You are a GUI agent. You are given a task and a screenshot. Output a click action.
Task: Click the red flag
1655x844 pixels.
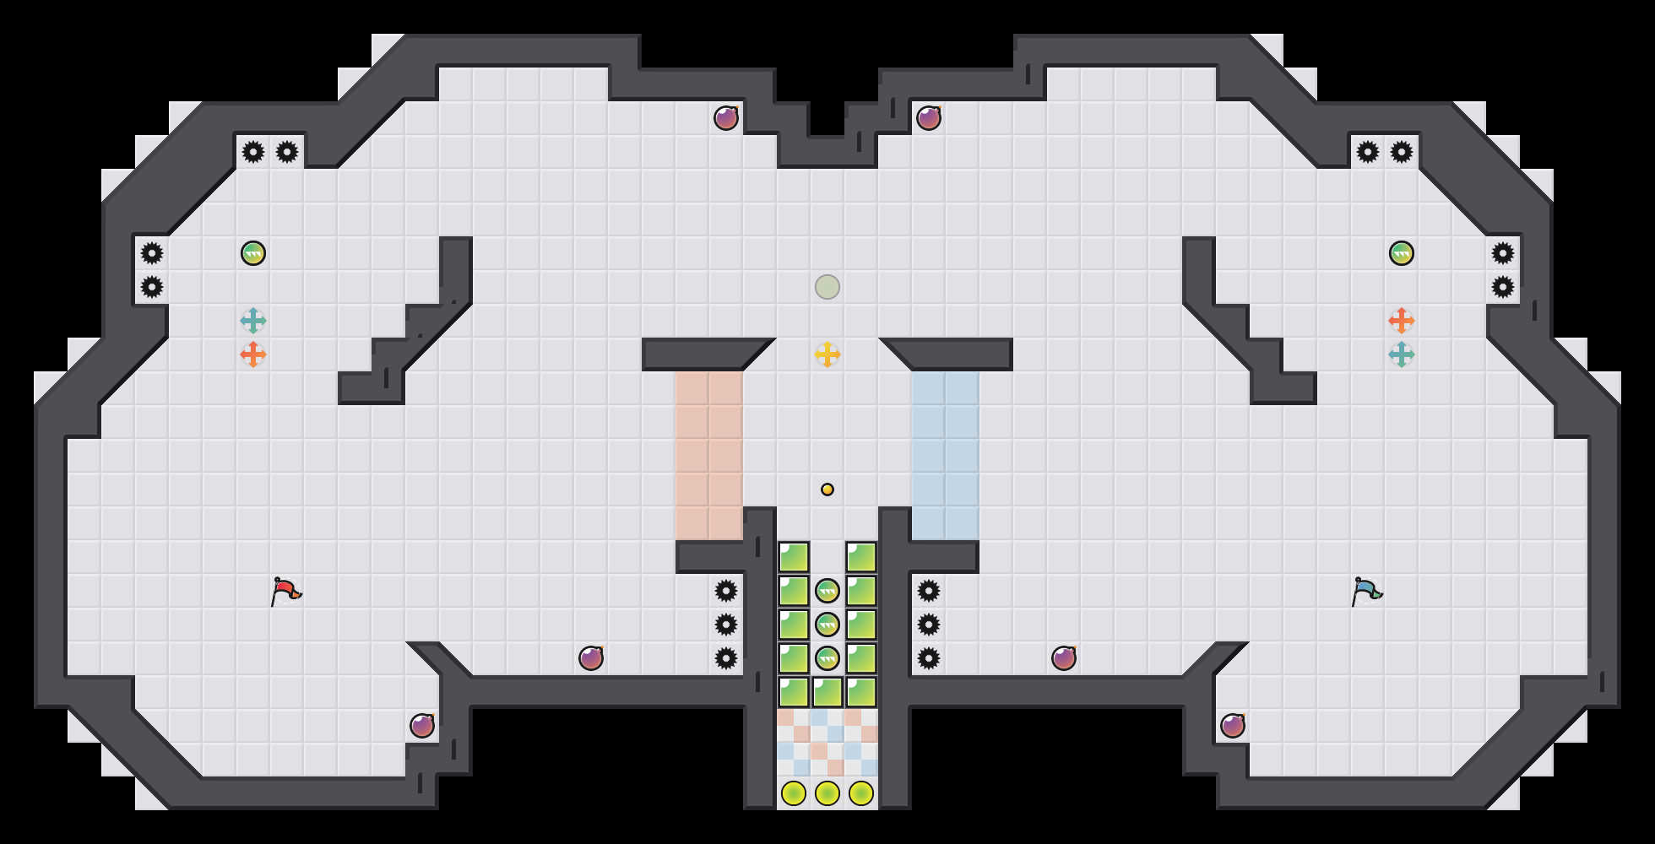pos(285,590)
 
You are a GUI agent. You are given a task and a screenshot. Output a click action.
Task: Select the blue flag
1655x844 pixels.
pos(1366,590)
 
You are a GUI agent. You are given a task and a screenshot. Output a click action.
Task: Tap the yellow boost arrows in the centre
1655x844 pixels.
pos(827,354)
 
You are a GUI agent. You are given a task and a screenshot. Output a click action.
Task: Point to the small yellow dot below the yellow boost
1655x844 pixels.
pos(827,490)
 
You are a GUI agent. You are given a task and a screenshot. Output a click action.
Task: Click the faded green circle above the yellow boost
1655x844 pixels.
pos(827,287)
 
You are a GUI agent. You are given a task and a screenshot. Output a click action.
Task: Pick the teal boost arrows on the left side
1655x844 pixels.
pos(253,321)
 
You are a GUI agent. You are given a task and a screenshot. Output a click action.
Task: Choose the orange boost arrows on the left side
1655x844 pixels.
pos(253,354)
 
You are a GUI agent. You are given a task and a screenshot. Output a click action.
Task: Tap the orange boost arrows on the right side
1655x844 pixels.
pos(1402,321)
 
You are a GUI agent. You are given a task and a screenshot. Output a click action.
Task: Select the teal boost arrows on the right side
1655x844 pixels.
pos(1402,354)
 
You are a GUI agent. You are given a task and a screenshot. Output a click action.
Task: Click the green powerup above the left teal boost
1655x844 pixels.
pos(253,253)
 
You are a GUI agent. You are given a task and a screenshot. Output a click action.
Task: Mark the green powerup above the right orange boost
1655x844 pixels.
pos(1402,253)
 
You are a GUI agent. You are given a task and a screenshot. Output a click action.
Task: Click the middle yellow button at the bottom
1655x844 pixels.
pos(827,793)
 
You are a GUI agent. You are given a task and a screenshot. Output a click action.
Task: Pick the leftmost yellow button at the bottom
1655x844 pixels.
pos(794,793)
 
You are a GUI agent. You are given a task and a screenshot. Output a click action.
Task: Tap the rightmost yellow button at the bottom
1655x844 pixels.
pos(861,793)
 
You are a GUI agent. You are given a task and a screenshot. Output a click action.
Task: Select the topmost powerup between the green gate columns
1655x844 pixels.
pos(827,591)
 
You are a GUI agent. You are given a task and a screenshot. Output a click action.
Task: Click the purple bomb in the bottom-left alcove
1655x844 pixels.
pos(422,726)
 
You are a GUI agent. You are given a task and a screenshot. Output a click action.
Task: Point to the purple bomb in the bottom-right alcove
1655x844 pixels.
pos(1233,726)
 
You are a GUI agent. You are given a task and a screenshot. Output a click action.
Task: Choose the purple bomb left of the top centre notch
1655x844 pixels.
pos(726,118)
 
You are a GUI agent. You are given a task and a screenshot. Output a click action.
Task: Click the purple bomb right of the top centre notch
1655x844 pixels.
pos(929,118)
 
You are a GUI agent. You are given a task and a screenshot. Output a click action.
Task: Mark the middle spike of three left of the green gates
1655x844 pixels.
pos(726,625)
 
